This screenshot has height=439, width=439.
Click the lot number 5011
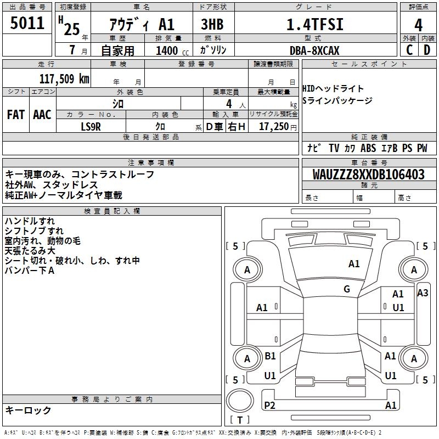pyautogui.click(x=27, y=22)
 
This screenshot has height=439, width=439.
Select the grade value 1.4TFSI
pyautogui.click(x=315, y=25)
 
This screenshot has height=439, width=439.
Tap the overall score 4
pyautogui.click(x=418, y=25)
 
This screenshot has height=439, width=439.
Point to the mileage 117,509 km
pyautogui.click(x=64, y=79)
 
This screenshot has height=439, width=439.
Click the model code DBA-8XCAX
pyautogui.click(x=314, y=50)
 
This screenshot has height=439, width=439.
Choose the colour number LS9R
pyautogui.click(x=91, y=127)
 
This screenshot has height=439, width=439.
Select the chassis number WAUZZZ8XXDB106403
pyautogui.click(x=369, y=175)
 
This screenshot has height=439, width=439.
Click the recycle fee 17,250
pyautogui.click(x=274, y=127)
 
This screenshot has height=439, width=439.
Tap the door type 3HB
pyautogui.click(x=212, y=25)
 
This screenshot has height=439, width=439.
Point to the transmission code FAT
pyautogui.click(x=16, y=115)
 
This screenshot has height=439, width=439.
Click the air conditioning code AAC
pyautogui.click(x=42, y=115)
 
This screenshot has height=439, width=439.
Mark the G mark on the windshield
pyautogui.click(x=347, y=289)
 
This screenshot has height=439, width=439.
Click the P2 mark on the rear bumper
pyautogui.click(x=269, y=405)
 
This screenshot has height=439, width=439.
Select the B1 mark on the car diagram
pyautogui.click(x=270, y=356)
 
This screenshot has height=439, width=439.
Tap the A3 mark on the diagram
pyautogui.click(x=423, y=293)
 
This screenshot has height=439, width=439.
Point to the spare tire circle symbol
pyautogui.click(x=240, y=401)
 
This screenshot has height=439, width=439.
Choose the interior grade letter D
pyautogui.click(x=427, y=50)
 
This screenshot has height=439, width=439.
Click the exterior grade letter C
pyautogui.click(x=409, y=50)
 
